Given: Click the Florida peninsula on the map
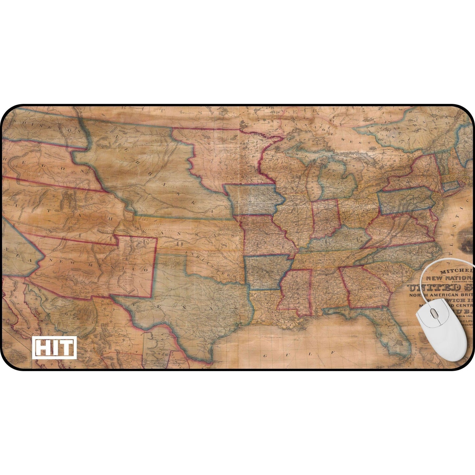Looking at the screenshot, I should coord(394,335).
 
